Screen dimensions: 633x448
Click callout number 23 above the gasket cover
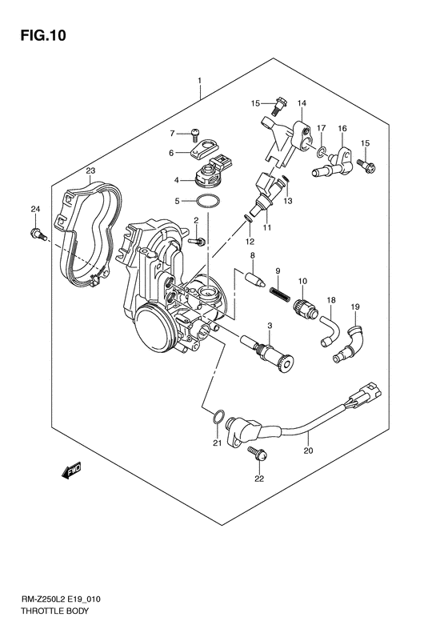point(90,171)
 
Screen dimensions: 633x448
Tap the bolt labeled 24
point(36,234)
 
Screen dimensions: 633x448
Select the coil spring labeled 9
point(278,293)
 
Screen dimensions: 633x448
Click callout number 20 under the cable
point(307,451)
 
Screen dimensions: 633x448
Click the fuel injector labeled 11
point(264,191)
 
